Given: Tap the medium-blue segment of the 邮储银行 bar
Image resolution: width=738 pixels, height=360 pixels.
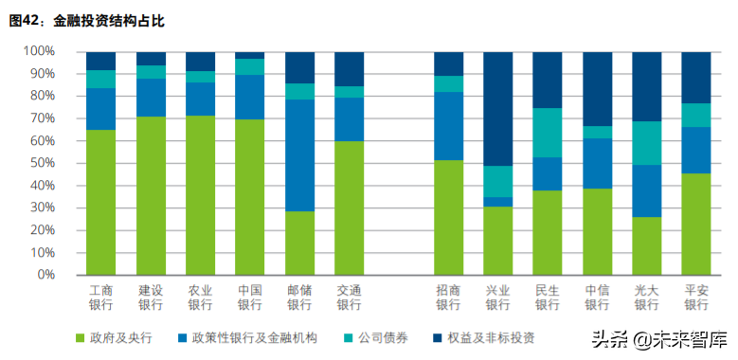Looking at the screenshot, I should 299,155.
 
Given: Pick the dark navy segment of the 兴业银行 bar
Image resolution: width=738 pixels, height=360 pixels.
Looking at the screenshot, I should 497,109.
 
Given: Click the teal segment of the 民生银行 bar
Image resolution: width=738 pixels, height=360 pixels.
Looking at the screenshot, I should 548,133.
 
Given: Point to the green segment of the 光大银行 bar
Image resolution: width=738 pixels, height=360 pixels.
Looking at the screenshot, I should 647,245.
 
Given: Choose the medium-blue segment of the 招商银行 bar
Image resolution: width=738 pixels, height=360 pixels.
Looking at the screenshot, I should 448,126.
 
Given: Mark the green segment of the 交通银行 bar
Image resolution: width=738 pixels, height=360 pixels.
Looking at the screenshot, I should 349,207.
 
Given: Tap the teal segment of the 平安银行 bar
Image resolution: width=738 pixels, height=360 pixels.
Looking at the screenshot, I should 696,116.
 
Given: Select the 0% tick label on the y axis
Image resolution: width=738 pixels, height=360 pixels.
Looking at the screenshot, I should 45,275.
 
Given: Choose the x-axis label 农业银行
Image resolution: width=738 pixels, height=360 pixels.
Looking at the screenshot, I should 200,297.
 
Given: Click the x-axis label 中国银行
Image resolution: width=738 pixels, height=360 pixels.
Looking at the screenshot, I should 249,297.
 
